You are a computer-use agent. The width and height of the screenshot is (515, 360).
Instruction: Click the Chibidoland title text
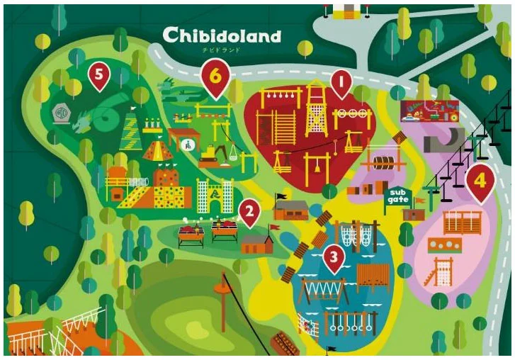[221, 35]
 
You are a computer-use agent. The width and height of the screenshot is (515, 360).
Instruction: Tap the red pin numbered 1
[341, 84]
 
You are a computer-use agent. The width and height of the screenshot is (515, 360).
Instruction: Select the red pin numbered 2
[248, 210]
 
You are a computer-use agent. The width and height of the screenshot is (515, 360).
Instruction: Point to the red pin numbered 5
[99, 74]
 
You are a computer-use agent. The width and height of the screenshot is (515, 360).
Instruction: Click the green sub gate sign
[397, 196]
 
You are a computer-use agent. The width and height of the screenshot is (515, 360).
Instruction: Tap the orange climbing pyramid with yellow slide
[156, 149]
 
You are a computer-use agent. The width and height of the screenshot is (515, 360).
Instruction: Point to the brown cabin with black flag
[290, 208]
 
